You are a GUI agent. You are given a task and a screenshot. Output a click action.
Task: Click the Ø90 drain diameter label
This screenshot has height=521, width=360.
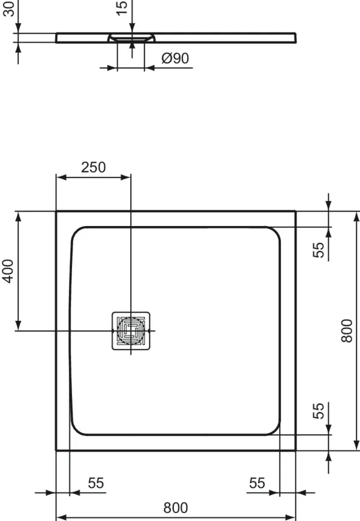click(x=175, y=59)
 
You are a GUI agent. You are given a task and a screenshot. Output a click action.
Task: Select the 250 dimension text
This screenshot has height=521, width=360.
click(x=93, y=167)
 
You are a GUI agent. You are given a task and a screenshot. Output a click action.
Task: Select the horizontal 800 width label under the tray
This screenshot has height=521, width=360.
click(x=176, y=508)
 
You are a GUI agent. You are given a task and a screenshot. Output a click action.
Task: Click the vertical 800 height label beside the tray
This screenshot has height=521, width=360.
click(x=346, y=331)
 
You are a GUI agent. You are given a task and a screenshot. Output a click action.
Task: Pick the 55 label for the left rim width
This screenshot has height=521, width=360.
click(x=96, y=483)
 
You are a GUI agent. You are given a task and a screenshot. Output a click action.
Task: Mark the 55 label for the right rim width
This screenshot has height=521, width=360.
click(x=257, y=483)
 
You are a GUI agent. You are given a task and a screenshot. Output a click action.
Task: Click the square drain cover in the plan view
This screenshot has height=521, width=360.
click(x=130, y=330)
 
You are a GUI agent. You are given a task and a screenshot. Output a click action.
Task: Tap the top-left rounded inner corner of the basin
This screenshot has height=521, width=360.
click(x=77, y=233)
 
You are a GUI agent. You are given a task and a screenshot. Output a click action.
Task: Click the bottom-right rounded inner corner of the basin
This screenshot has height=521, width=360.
click(x=274, y=429)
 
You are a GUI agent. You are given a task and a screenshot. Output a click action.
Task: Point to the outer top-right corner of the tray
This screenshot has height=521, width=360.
click(x=296, y=212)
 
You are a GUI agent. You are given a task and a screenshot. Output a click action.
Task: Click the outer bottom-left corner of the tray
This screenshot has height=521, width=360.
click(x=56, y=450)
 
